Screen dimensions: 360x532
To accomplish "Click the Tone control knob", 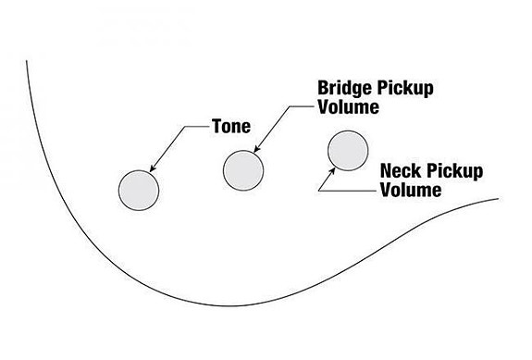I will pos(139,191).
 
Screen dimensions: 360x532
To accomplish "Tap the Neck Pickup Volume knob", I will pos(348,151).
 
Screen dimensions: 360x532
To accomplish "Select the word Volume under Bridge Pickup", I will pos(350,107).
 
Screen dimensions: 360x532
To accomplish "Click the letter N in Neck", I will pos(387,172).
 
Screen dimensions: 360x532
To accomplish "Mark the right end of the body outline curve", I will pos(498,198).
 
